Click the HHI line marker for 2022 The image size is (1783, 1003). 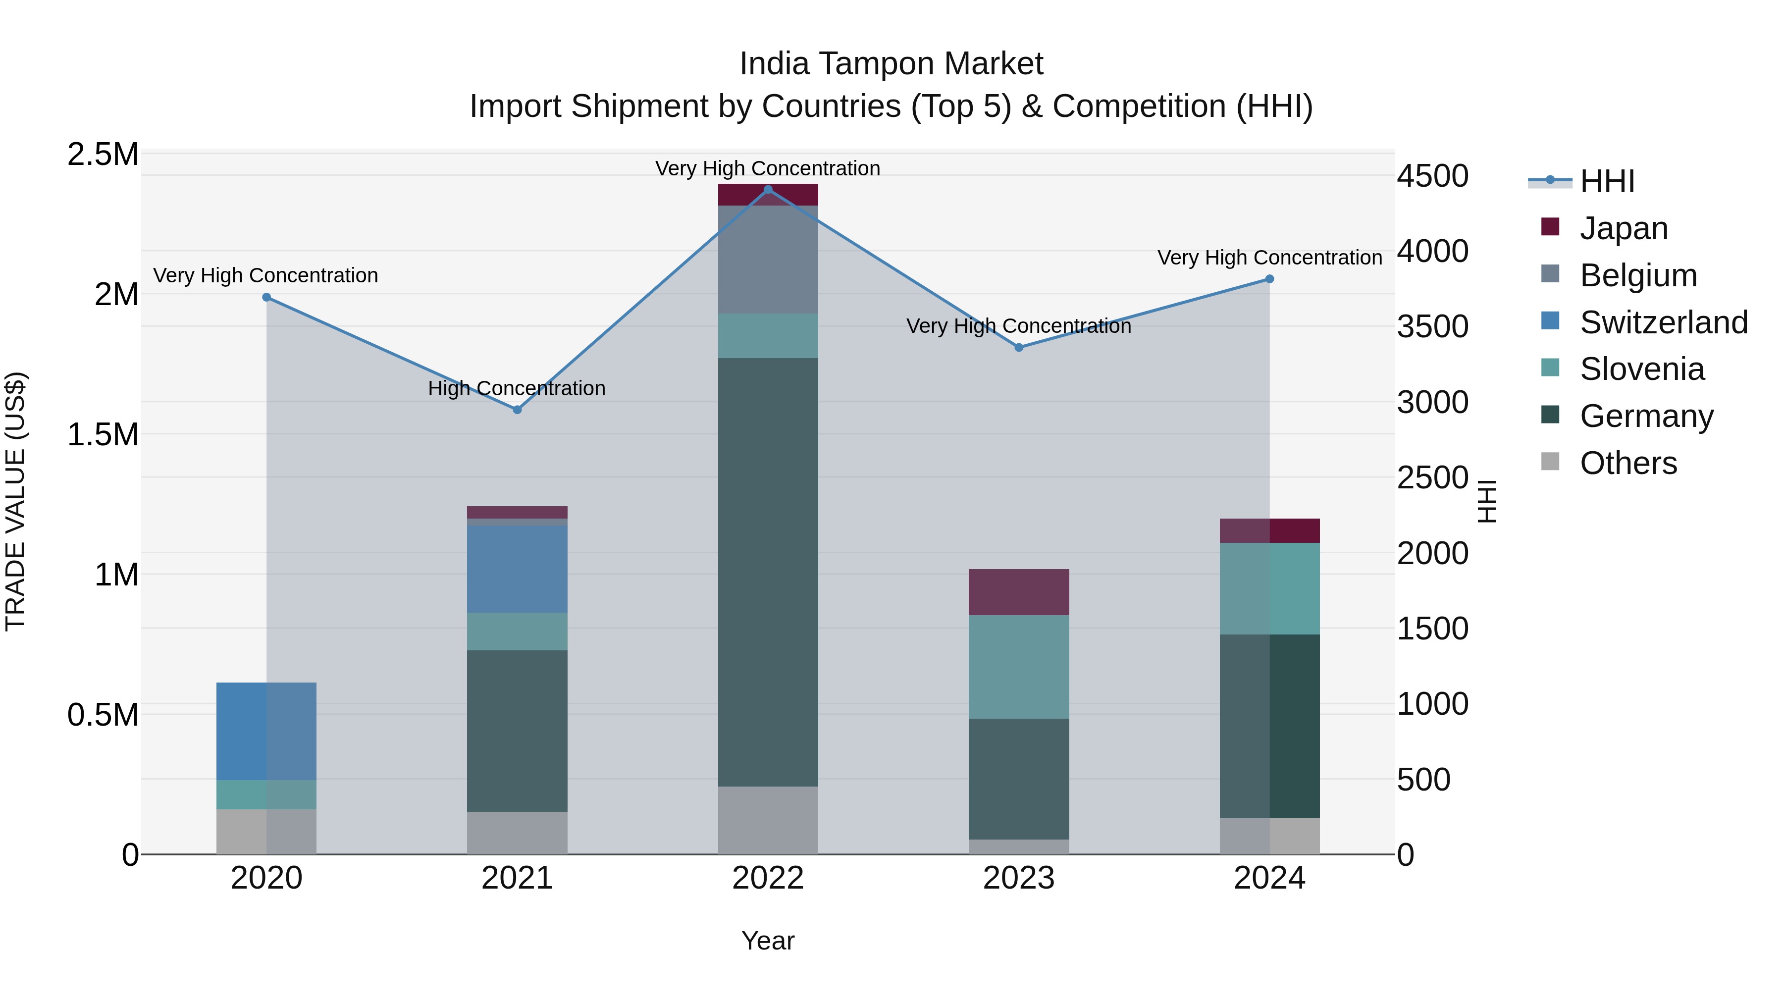point(768,190)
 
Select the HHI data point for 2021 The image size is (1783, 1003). point(517,410)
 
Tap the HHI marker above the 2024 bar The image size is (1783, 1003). point(1269,279)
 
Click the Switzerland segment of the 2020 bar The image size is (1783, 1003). point(266,731)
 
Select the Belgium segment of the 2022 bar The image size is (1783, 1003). point(768,260)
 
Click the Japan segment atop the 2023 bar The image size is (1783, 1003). point(1018,592)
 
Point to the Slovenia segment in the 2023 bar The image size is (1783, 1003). point(1018,667)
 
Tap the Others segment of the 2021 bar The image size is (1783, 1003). point(517,833)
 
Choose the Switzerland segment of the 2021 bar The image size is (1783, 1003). point(517,569)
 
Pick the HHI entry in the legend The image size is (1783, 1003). point(1607,181)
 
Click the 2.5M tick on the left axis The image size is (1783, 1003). point(103,155)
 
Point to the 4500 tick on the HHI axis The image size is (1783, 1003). point(1432,176)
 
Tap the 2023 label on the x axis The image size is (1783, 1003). point(1018,878)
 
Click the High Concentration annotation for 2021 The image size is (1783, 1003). point(517,388)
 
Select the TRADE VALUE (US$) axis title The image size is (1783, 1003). point(15,501)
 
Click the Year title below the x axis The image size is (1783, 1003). point(768,941)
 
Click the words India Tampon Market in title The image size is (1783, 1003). point(891,64)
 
